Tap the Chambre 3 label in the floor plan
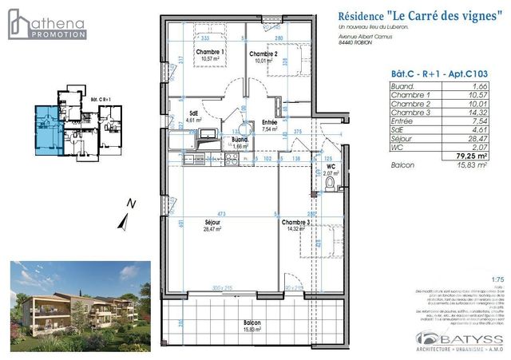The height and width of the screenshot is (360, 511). (294, 225)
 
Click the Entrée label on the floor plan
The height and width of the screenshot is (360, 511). (270, 124)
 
